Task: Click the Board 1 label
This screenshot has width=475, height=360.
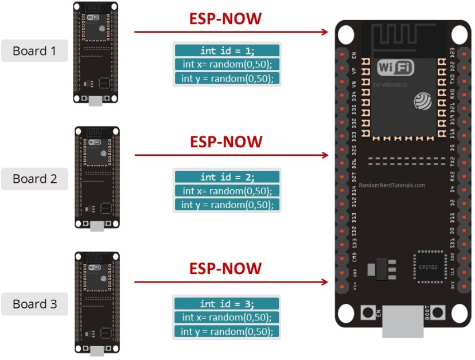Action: pyautogui.click(x=34, y=51)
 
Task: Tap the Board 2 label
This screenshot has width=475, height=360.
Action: pyautogui.click(x=34, y=179)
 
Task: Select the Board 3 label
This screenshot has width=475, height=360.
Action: pyautogui.click(x=34, y=304)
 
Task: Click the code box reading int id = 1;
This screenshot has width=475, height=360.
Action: pyautogui.click(x=227, y=50)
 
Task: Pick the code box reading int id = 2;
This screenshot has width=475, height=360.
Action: pyautogui.click(x=227, y=177)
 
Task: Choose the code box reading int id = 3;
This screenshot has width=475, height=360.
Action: pyautogui.click(x=227, y=304)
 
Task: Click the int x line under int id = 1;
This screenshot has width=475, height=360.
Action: pyautogui.click(x=227, y=64)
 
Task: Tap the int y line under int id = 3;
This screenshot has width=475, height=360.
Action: pyautogui.click(x=227, y=331)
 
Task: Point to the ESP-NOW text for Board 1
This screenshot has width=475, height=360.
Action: pyautogui.click(x=225, y=19)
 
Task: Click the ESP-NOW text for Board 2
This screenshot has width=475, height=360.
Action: pyautogui.click(x=225, y=142)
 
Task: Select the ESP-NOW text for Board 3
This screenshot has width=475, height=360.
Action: pyautogui.click(x=225, y=269)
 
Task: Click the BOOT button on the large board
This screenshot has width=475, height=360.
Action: pyautogui.click(x=438, y=313)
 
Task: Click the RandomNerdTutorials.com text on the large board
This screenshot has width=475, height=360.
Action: pyautogui.click(x=391, y=185)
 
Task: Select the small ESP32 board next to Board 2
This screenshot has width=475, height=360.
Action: pyautogui.click(x=96, y=178)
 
